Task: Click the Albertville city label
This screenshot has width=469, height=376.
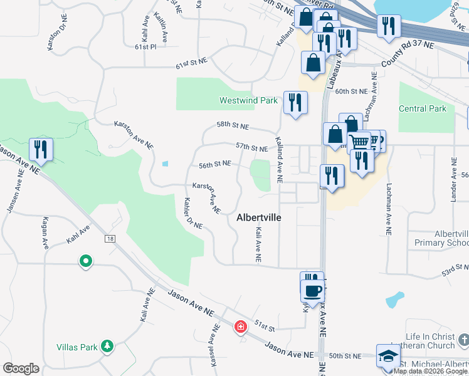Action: coord(259,217)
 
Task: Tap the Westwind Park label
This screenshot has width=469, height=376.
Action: coord(248,100)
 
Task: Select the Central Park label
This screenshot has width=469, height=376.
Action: coord(422,108)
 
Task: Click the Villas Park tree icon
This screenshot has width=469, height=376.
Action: coord(107,345)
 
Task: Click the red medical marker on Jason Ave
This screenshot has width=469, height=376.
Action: coord(240,326)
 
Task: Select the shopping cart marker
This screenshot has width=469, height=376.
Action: coord(360,142)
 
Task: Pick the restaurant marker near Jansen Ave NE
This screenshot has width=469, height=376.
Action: coord(41,149)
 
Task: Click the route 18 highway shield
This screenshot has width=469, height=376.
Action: coord(110,239)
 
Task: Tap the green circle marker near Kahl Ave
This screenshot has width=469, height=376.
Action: coord(85,261)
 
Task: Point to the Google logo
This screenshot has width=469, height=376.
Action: coord(21,368)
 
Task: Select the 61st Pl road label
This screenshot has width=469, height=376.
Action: coord(144,47)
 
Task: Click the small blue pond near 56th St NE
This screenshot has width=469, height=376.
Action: coord(165,164)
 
